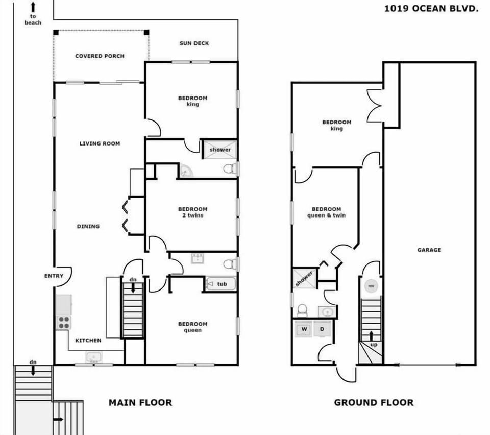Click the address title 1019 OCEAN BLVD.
(431, 8)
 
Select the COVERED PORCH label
(100, 56)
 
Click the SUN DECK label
(194, 43)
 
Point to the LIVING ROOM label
(100, 143)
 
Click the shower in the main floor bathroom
(220, 150)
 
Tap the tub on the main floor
(221, 284)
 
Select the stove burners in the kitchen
(64, 322)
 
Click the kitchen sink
(93, 357)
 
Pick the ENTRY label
(54, 276)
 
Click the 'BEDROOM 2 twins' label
(192, 212)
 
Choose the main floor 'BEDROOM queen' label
(192, 327)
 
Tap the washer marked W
(304, 329)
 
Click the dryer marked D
(322, 329)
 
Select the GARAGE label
(429, 250)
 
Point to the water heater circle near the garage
(371, 286)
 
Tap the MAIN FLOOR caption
(140, 403)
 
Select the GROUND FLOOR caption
(374, 403)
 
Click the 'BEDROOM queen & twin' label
(326, 212)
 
